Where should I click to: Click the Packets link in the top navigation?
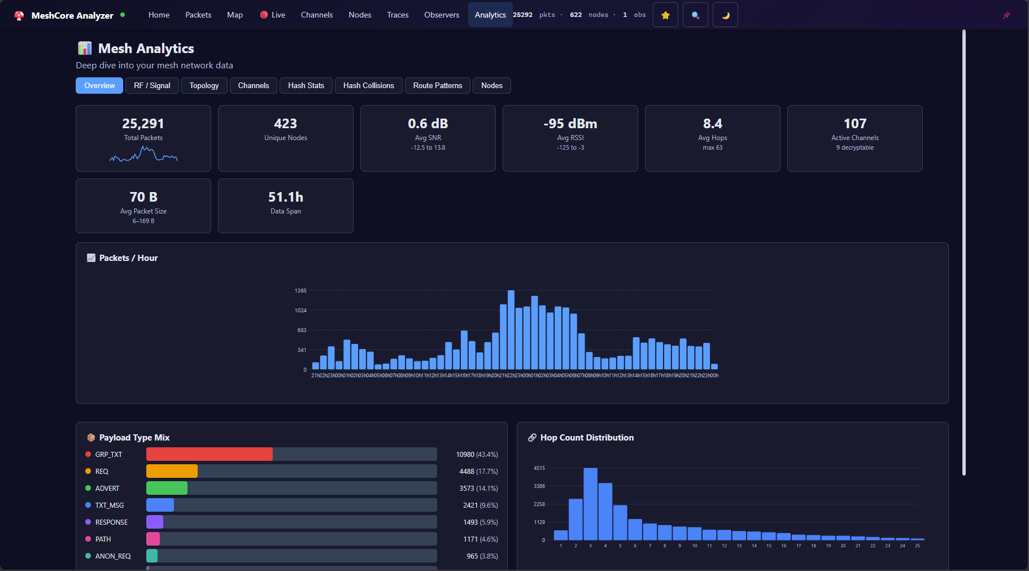(x=198, y=15)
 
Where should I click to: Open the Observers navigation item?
(x=442, y=15)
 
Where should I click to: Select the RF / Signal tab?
(x=152, y=85)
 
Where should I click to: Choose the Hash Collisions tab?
(x=368, y=85)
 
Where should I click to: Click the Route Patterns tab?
(x=437, y=85)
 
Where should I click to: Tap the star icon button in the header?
(x=665, y=15)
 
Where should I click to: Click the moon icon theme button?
(x=725, y=15)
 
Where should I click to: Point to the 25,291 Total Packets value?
(x=143, y=124)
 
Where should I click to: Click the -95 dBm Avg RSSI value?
(x=570, y=124)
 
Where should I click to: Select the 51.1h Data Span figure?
(x=285, y=197)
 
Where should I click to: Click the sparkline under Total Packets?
(x=143, y=154)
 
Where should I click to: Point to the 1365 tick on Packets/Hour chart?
(x=300, y=291)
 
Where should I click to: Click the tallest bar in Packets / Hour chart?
(x=511, y=330)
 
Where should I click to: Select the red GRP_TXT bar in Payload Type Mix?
(x=209, y=454)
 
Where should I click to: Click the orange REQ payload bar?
(x=172, y=471)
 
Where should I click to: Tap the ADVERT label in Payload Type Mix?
(x=107, y=489)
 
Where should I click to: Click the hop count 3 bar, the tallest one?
(x=590, y=504)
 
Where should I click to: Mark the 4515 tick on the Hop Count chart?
(x=539, y=468)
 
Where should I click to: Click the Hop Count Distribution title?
(x=587, y=438)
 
